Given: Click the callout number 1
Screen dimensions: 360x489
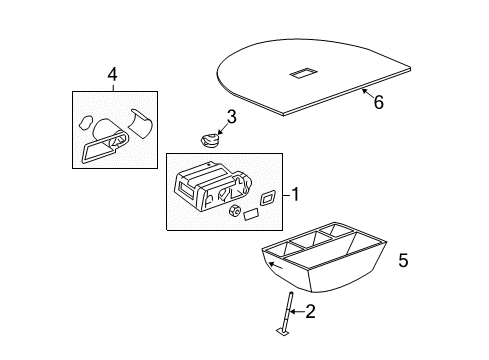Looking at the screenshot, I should pyautogui.click(x=294, y=193).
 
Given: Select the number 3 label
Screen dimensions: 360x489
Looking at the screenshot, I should pyautogui.click(x=231, y=119).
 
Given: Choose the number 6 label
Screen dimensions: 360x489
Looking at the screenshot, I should pyautogui.click(x=377, y=101).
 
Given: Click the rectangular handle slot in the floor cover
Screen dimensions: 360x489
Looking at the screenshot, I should pyautogui.click(x=303, y=72).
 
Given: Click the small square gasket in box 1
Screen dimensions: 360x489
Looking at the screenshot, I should pyautogui.click(x=267, y=195).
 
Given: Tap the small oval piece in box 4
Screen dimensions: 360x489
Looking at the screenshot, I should pyautogui.click(x=85, y=125).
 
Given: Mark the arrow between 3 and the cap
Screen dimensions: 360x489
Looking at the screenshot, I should pyautogui.click(x=221, y=127).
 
